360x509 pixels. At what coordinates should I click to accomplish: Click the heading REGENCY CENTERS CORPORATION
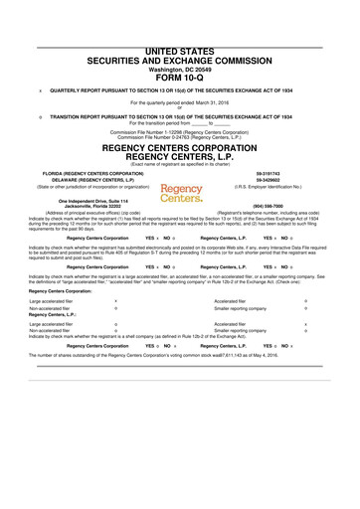[x=179, y=147]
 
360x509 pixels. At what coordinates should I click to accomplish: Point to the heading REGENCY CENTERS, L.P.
[x=179, y=157]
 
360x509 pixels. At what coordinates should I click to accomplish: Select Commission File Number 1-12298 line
[x=179, y=130]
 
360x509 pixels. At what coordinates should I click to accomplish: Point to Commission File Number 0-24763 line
[x=179, y=136]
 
